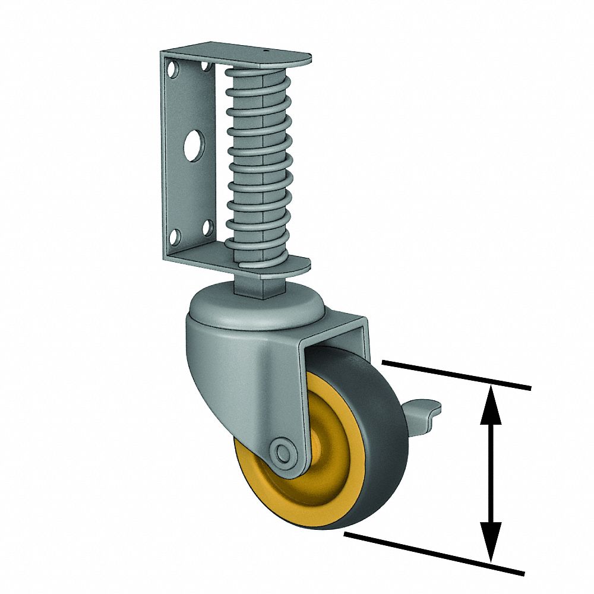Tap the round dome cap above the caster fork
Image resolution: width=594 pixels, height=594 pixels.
pos(255,309)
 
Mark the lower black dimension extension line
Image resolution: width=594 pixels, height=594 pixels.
pos(434,554)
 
